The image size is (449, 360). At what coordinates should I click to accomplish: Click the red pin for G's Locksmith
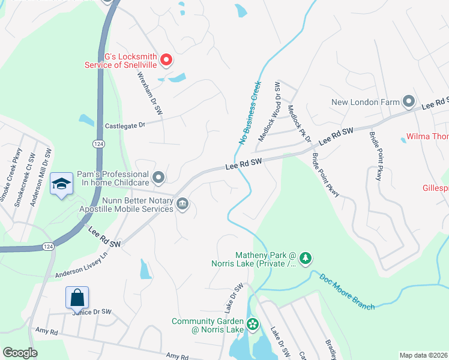point(167,60)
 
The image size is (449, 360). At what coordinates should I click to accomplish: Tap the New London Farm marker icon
point(409,101)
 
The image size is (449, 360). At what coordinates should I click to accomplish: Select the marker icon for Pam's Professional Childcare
point(158,177)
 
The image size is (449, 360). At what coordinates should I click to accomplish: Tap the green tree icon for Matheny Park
point(306,258)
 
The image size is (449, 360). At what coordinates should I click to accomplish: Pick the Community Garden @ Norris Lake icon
point(253,325)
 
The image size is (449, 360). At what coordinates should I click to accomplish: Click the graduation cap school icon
point(61,184)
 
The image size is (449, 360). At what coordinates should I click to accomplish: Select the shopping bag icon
point(77,297)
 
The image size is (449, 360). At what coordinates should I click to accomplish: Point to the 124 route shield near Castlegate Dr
point(99,143)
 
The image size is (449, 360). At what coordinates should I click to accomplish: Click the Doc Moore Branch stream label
point(347,292)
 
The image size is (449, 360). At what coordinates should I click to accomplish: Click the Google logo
point(20,353)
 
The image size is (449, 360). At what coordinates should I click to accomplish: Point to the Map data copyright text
point(423,355)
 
